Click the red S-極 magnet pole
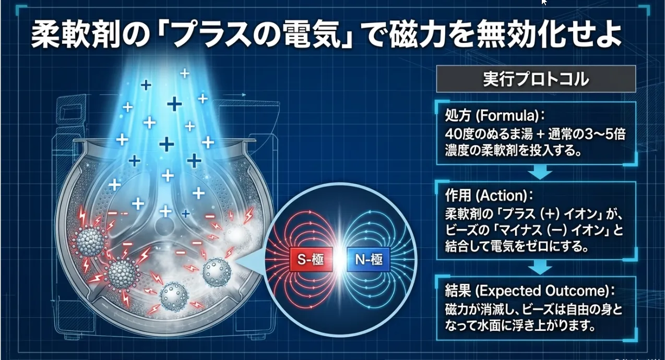point(312,259)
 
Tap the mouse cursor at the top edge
point(544,3)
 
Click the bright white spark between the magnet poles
point(340,259)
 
